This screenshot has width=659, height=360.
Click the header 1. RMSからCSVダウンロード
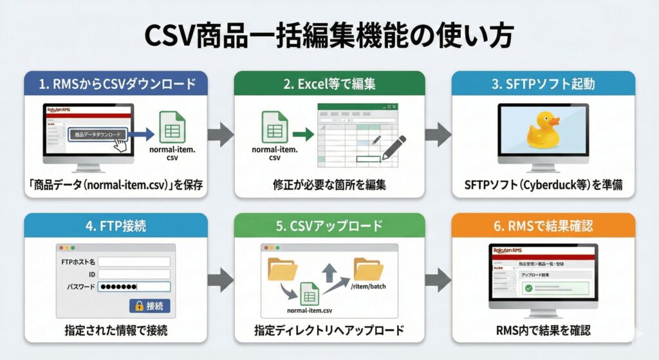(116, 84)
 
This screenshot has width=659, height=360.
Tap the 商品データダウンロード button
(97, 135)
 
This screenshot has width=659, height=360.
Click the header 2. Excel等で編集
(329, 84)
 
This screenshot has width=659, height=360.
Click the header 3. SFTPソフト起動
(543, 84)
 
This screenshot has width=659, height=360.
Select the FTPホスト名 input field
(134, 261)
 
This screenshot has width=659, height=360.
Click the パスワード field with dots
(134, 287)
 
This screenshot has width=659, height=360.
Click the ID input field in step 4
(134, 274)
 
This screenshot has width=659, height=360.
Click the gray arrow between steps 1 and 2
(220, 135)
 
